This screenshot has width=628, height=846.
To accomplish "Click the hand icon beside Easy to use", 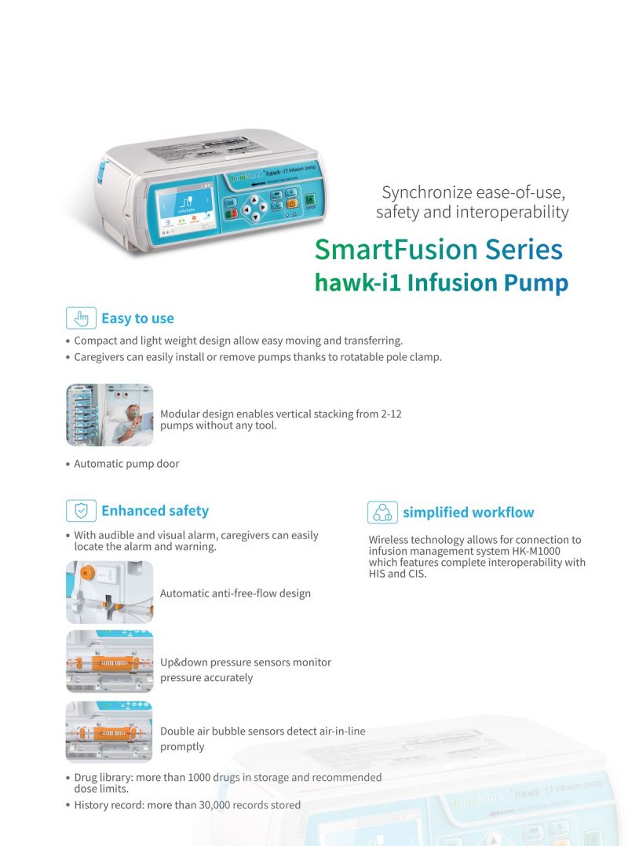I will pos(81,318).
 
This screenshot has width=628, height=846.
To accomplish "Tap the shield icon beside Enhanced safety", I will pos(81,511).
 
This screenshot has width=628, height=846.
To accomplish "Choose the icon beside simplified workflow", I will pos(382,512).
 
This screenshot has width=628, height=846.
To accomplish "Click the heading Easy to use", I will pos(137,319).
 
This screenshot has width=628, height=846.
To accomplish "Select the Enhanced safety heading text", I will pos(155,511).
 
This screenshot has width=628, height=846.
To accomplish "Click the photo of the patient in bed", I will pos(109,414).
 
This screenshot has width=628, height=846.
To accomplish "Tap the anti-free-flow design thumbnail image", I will pos(109,593).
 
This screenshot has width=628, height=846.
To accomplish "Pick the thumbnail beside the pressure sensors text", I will pos(109,662).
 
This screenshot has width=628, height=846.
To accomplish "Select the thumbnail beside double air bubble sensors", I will pos(109,731).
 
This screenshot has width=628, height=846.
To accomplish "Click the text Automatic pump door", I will pos(126,464).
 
